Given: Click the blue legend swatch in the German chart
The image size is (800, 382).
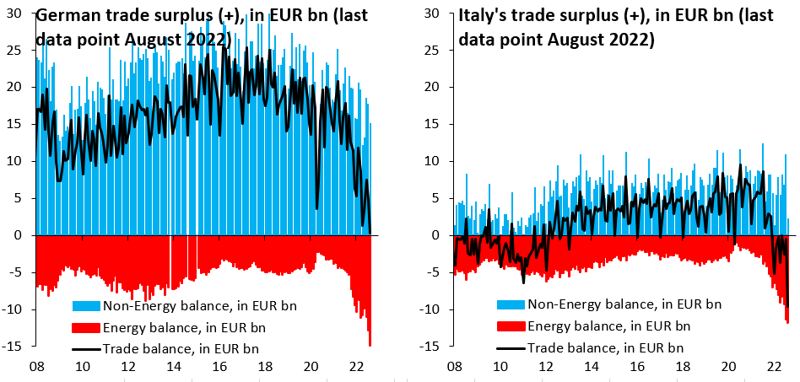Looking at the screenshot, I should point(86,304).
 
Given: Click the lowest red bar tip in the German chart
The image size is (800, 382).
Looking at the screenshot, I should point(370,344).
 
